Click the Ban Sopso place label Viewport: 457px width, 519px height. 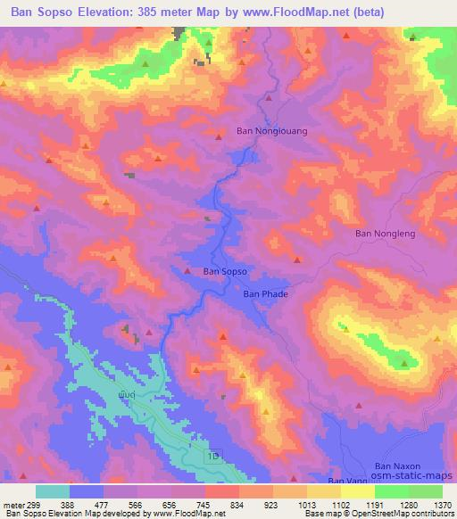(224, 271)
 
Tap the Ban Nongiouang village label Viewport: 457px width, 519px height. (271, 130)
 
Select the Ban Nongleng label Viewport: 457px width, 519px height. (386, 234)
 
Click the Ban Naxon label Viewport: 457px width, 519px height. (397, 466)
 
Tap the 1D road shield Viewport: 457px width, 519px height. (215, 456)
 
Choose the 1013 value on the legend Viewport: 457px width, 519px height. (306, 504)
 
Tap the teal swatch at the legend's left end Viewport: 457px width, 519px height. (53, 491)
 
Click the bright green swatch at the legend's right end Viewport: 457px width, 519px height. (426, 491)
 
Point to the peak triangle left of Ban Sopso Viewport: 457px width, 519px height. (187, 271)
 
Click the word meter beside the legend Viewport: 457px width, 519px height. (15, 504)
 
